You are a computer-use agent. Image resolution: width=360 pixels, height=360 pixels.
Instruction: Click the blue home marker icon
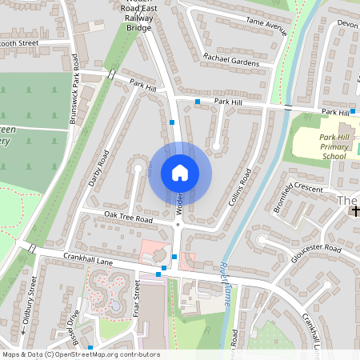(x=180, y=172)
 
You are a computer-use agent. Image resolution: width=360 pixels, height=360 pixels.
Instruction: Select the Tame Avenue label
(x=266, y=26)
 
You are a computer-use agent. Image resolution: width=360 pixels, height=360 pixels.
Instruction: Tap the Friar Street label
(x=137, y=300)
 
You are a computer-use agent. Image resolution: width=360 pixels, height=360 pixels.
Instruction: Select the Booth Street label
(x=19, y=43)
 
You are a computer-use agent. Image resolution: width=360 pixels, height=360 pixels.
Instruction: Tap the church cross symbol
(x=355, y=211)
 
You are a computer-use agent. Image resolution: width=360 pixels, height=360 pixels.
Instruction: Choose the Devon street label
(x=348, y=24)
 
